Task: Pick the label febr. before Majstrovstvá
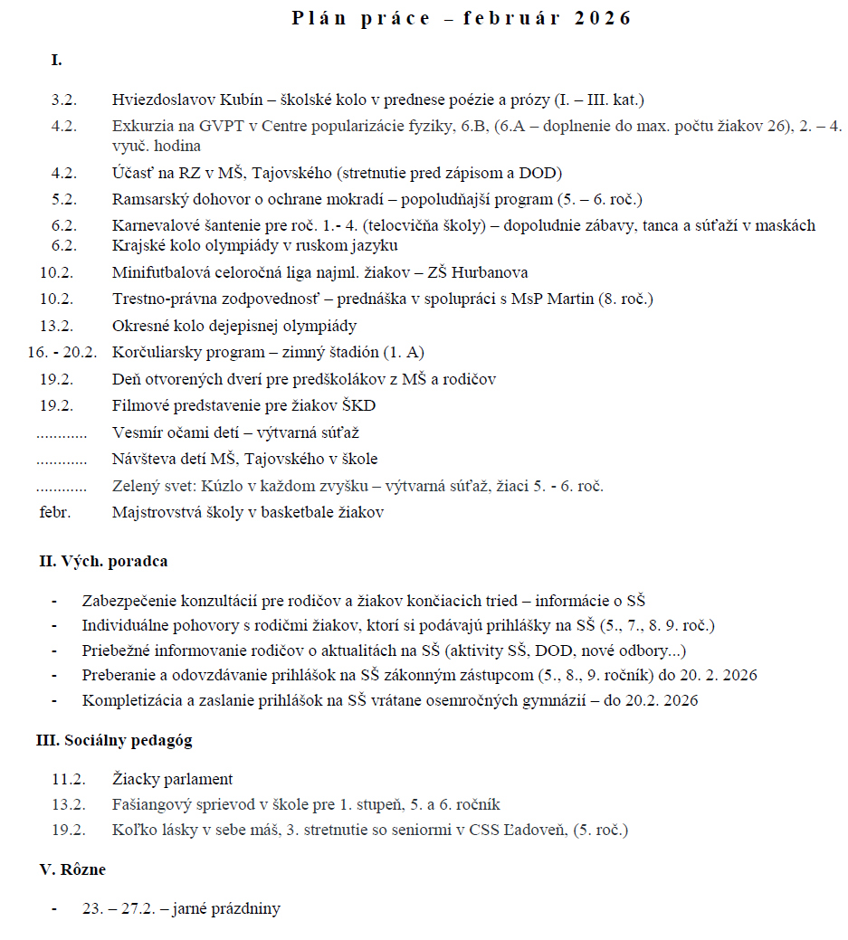click(x=55, y=513)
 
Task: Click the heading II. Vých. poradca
click(x=102, y=562)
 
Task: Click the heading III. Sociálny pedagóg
click(x=114, y=741)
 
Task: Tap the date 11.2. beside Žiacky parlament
click(x=69, y=779)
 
